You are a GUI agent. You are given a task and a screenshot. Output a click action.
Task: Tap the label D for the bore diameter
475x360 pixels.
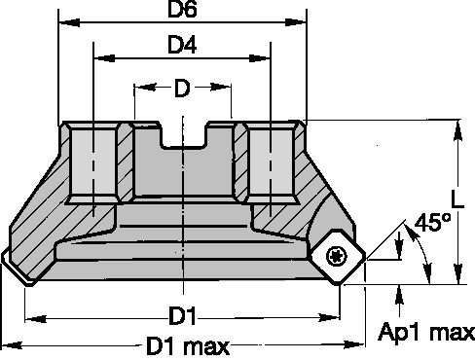click(x=182, y=90)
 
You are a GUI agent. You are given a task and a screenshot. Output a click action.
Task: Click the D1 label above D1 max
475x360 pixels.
click(x=182, y=316)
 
